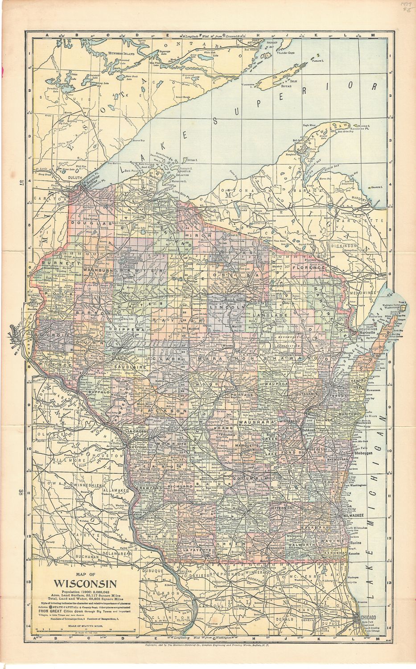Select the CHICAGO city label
click(x=370, y=616)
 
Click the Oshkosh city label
click(x=309, y=430)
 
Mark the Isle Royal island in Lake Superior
click(x=276, y=80)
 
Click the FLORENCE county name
click(x=307, y=267)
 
